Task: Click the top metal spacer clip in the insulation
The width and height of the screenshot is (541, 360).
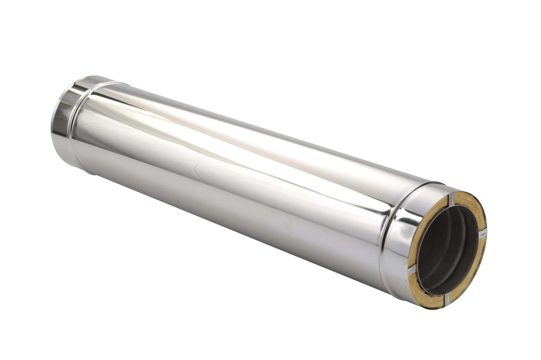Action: coord(451,200)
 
